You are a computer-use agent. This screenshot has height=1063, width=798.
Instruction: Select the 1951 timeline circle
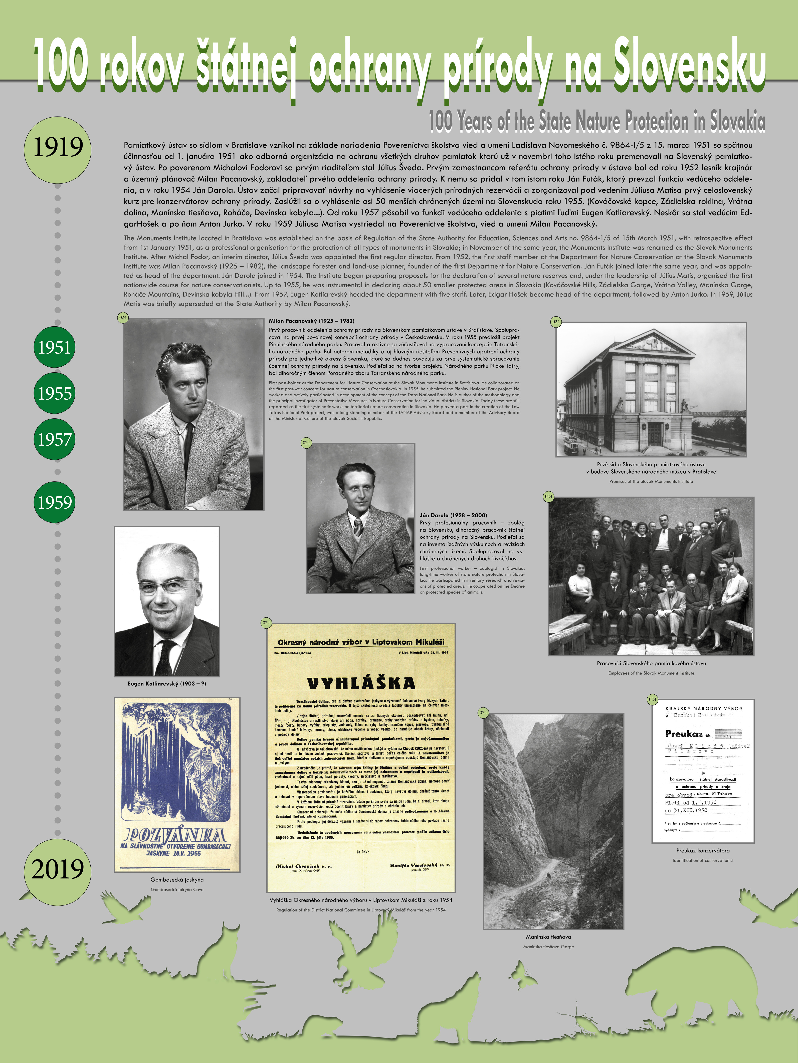pos(54,347)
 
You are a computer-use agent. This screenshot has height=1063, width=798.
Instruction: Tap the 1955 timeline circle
pos(54,393)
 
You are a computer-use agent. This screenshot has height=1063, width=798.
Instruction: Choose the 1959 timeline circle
pos(54,502)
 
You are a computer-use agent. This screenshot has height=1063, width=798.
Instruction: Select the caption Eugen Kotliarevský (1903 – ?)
pos(166,683)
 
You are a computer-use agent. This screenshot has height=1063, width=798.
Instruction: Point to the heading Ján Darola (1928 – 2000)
pos(453,515)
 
